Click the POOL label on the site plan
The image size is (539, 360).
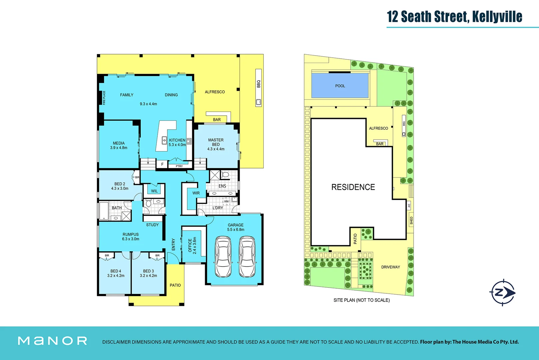(x=340, y=86)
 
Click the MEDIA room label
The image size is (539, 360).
(x=119, y=143)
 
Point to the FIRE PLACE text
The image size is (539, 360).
(x=104, y=98)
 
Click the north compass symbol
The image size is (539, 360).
(x=503, y=293)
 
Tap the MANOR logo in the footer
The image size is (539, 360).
(x=52, y=341)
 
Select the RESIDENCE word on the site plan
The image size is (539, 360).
(x=353, y=187)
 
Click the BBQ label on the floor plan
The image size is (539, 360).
(x=258, y=84)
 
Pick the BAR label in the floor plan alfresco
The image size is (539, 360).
(x=217, y=120)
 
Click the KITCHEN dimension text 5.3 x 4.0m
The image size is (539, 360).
(x=177, y=145)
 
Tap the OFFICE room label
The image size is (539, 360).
(x=190, y=245)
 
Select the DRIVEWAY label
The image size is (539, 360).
(x=390, y=267)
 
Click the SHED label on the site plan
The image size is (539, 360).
(x=411, y=220)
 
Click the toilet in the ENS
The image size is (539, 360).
(x=225, y=174)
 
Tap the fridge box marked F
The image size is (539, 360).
(x=162, y=164)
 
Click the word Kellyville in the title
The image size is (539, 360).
(x=497, y=16)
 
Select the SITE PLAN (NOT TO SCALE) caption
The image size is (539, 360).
(x=361, y=300)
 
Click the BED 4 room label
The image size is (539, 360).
(x=116, y=271)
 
